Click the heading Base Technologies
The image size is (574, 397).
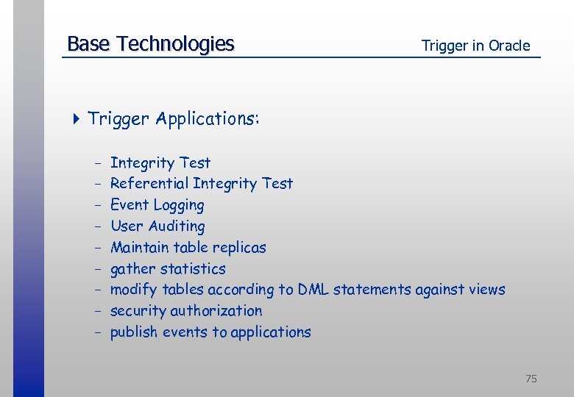coord(150,44)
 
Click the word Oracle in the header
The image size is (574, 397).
coord(510,46)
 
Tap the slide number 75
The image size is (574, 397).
coord(531,379)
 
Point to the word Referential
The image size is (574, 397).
coord(149,183)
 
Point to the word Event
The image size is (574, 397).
coord(127,205)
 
